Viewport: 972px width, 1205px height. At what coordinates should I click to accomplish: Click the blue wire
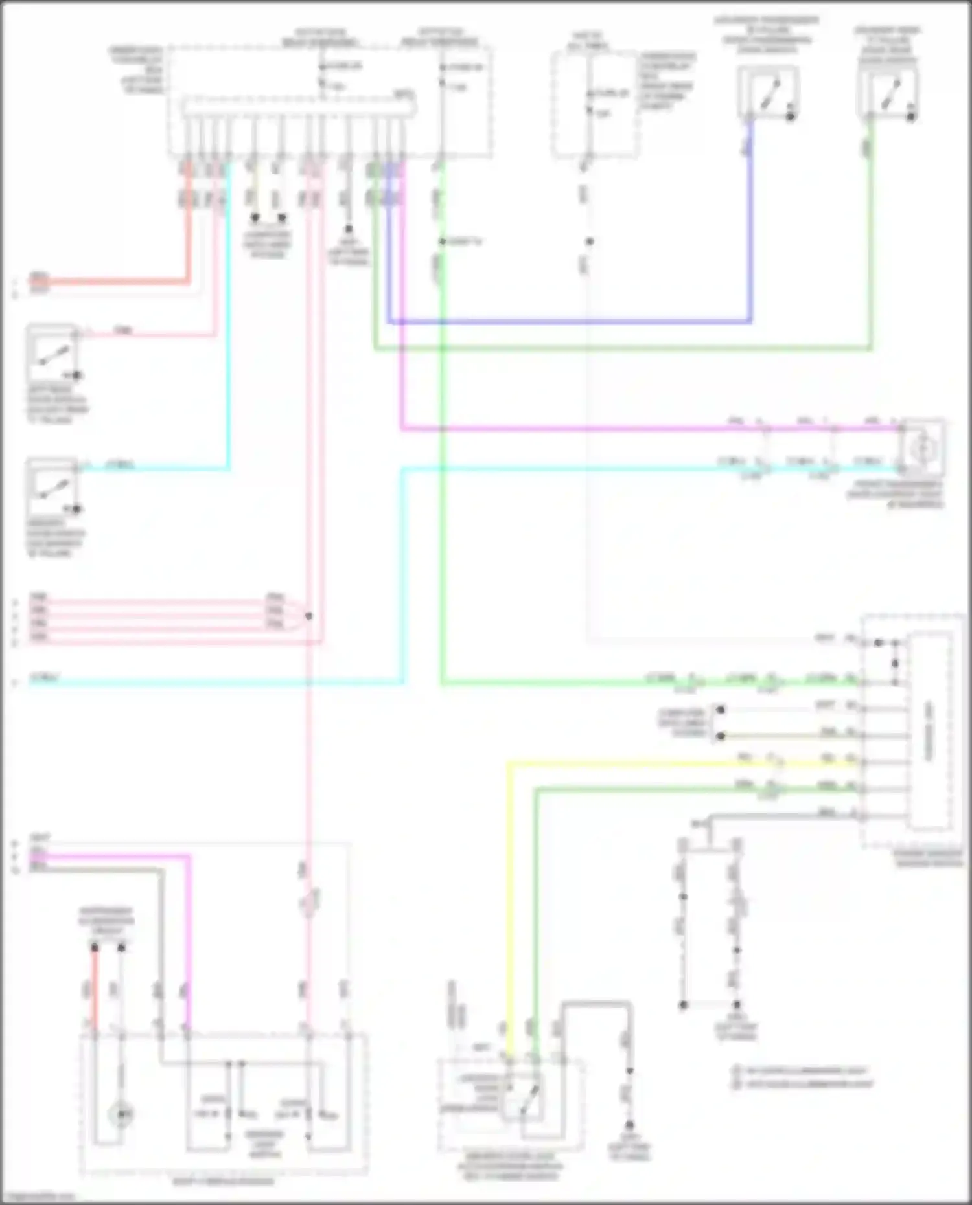(570, 321)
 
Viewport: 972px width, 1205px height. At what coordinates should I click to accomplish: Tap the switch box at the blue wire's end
(768, 93)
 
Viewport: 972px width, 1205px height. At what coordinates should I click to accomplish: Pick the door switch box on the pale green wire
(888, 93)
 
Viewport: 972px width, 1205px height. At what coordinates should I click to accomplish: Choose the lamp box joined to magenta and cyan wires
(922, 447)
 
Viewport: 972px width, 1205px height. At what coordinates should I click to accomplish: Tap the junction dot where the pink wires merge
(308, 616)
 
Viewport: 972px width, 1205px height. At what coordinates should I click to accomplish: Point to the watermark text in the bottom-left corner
(38, 1197)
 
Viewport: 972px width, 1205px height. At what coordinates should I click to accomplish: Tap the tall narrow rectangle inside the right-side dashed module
(929, 732)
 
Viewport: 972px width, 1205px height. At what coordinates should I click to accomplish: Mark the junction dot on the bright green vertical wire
(442, 242)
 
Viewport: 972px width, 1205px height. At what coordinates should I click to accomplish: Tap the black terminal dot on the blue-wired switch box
(791, 117)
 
